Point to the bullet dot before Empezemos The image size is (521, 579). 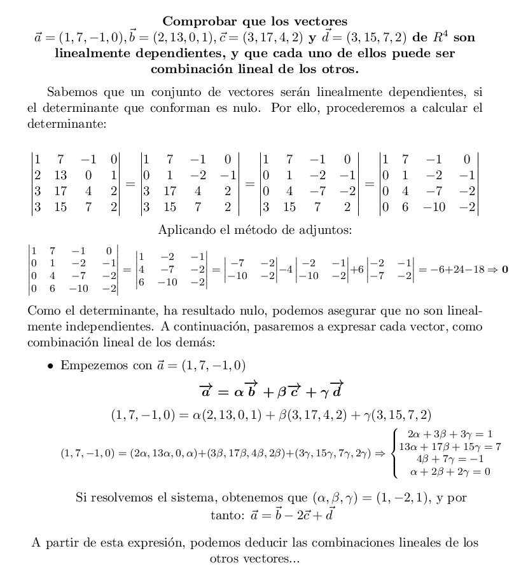click(50, 366)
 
